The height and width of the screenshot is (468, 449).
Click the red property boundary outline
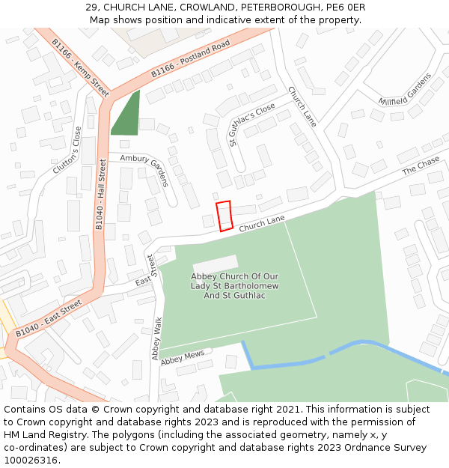tap(224, 216)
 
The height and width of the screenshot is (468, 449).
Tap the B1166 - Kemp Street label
tap(80, 68)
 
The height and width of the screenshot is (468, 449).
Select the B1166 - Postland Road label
tap(190, 60)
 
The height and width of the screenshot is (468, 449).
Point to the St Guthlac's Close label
tap(252, 124)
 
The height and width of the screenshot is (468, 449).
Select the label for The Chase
tap(421, 166)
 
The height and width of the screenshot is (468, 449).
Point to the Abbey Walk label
tap(156, 338)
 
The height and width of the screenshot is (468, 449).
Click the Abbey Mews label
tap(182, 359)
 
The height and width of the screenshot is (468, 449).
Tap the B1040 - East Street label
tap(49, 318)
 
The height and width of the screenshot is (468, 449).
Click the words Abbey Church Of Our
tap(234, 276)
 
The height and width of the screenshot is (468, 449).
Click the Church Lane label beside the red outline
tap(262, 222)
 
